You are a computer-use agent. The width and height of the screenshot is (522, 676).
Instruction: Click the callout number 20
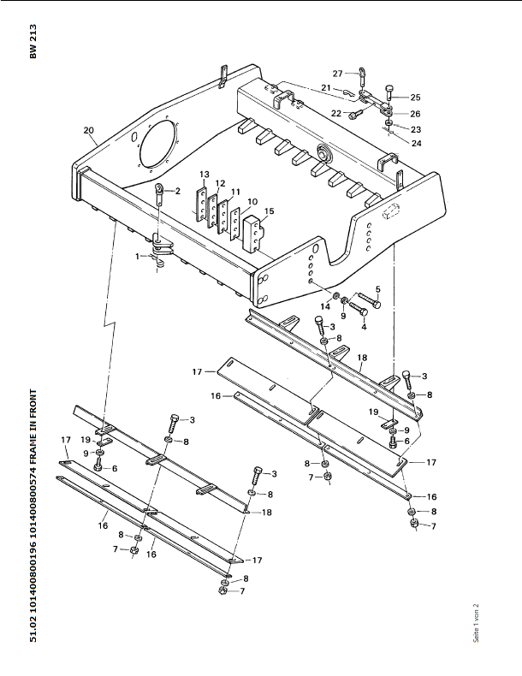coord(88,130)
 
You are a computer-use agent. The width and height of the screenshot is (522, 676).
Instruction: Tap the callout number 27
coord(338,74)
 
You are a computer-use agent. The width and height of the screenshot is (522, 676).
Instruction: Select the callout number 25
coord(416,98)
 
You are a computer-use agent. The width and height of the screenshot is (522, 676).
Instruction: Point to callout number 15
coord(270,211)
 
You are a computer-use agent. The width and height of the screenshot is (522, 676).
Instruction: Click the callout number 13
coord(205,175)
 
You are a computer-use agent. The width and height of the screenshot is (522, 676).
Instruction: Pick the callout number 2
coord(178,191)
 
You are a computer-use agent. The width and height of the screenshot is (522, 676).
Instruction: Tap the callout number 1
coord(138,257)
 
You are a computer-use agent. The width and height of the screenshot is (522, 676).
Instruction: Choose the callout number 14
coord(325,306)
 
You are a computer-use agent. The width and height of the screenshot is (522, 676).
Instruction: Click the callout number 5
coord(378,289)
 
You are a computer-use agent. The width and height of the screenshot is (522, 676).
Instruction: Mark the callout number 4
coord(365,327)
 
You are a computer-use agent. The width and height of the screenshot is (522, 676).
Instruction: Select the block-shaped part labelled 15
coord(253,234)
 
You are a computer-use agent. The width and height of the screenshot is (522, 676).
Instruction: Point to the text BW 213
coord(33,41)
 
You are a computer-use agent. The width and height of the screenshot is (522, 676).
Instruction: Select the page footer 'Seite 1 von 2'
coord(477,623)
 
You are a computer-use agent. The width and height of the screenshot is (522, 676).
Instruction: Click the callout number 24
coord(417,143)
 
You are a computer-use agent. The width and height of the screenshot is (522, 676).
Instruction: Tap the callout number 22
coord(336,114)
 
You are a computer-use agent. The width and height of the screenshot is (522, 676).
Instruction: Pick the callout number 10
coord(252,201)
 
